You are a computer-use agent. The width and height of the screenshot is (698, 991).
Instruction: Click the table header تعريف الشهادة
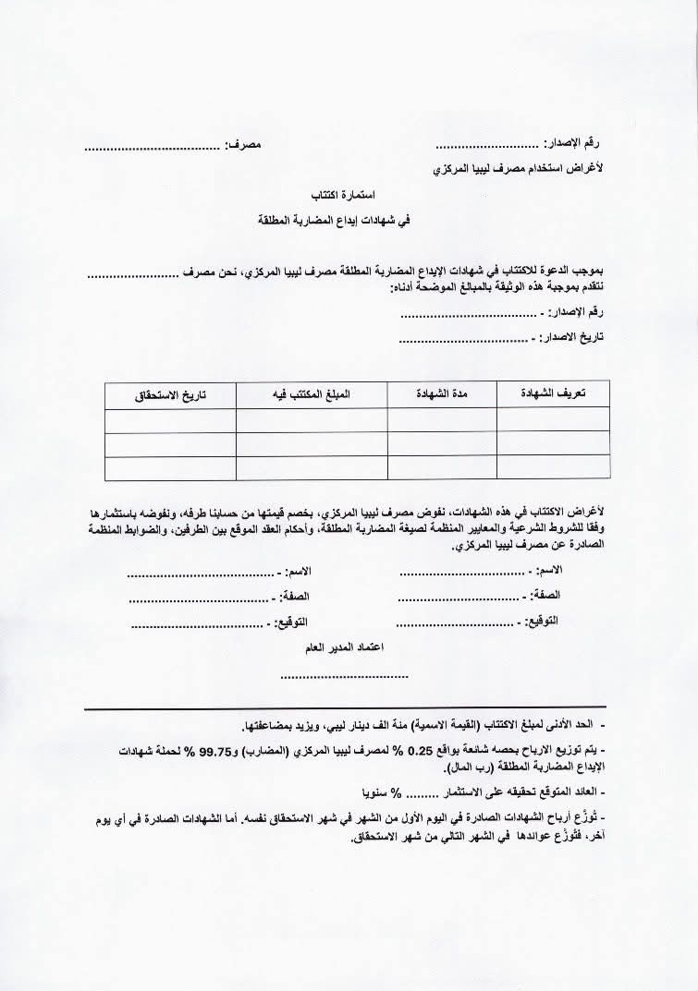[553, 394]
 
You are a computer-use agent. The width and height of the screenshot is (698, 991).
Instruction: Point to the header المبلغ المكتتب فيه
[312, 394]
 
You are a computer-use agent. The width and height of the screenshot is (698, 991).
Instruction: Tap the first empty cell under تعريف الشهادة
[553, 419]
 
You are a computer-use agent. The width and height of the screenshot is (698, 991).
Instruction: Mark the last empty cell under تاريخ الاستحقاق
[170, 467]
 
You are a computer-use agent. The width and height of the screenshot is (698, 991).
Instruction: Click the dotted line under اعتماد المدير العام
[344, 676]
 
